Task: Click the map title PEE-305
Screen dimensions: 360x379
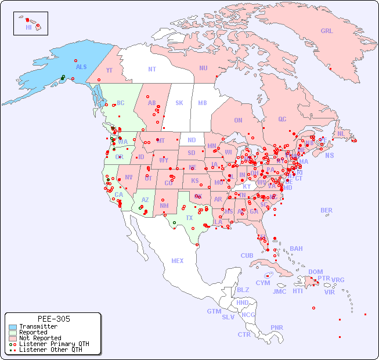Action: [53, 319]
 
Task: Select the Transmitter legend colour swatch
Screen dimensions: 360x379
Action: [13, 327]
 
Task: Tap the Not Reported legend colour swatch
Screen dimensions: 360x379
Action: [13, 338]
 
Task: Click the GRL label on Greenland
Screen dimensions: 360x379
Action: [327, 31]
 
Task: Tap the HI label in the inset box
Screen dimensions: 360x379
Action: [28, 27]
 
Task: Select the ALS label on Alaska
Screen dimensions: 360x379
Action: [81, 67]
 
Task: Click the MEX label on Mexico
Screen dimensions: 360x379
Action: [178, 261]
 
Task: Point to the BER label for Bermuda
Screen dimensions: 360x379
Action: [326, 210]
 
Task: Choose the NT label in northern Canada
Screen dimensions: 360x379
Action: [152, 69]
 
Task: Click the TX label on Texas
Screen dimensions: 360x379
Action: [189, 218]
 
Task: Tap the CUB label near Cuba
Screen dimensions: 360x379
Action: [247, 255]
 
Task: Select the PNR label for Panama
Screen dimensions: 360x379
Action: [277, 327]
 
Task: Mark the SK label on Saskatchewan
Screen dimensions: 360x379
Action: [179, 103]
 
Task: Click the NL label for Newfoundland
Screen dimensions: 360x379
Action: [341, 133]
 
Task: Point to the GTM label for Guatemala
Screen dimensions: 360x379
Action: [214, 311]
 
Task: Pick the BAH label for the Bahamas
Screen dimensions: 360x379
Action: [296, 249]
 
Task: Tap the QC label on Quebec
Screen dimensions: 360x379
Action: [282, 119]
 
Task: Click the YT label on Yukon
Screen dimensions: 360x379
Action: [109, 70]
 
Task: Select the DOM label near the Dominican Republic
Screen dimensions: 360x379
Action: [315, 272]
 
